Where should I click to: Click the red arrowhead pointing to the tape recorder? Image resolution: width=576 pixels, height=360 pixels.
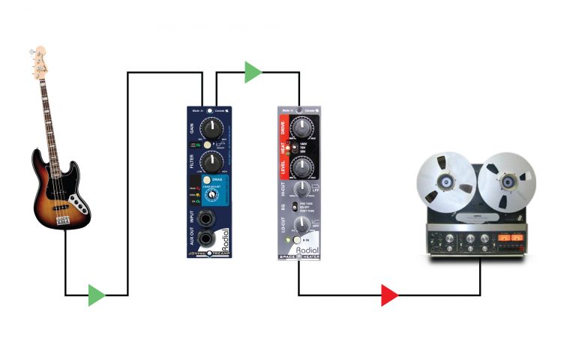pyautogui.click(x=389, y=295)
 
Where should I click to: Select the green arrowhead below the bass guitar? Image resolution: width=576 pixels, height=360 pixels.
pyautogui.click(x=97, y=295)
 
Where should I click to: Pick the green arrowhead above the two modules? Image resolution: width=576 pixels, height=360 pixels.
pyautogui.click(x=253, y=73)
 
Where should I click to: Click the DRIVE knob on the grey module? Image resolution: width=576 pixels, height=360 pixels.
pyautogui.click(x=301, y=127)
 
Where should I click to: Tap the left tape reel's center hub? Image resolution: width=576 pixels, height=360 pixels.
pyautogui.click(x=446, y=181)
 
